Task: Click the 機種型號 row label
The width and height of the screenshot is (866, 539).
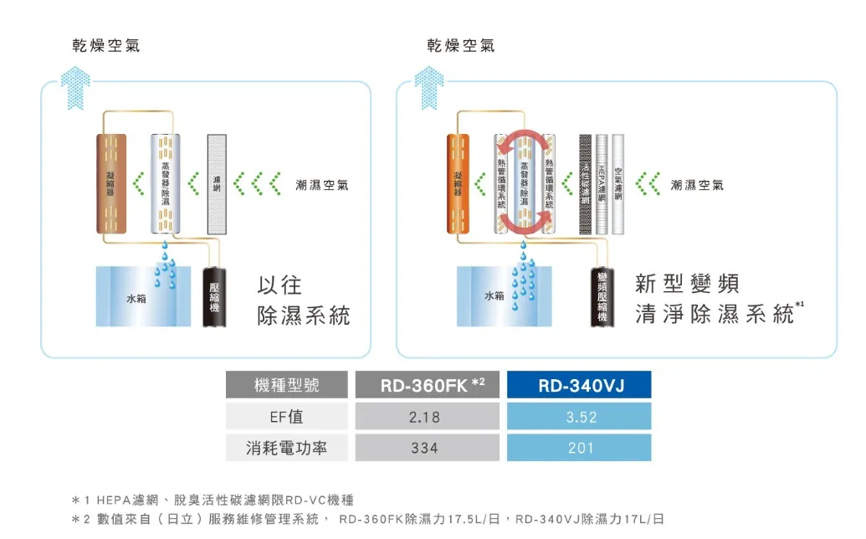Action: [x=286, y=385]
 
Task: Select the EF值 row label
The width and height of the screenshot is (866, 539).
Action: [x=286, y=416]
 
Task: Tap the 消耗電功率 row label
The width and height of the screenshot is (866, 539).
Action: [x=286, y=448]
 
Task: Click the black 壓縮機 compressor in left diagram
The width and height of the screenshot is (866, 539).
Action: [x=215, y=297]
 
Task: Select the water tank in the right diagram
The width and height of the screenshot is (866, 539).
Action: [x=495, y=296]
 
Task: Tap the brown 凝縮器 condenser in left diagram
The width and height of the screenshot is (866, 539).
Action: [x=111, y=183]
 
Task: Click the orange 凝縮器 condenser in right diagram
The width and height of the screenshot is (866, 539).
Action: [x=461, y=183]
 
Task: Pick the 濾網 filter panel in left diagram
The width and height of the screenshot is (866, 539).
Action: [x=218, y=183]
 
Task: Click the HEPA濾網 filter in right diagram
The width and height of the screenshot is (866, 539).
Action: [x=601, y=183]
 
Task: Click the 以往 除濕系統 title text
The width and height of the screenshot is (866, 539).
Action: [x=303, y=300]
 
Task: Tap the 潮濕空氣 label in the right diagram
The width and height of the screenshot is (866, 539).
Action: [x=699, y=184]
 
